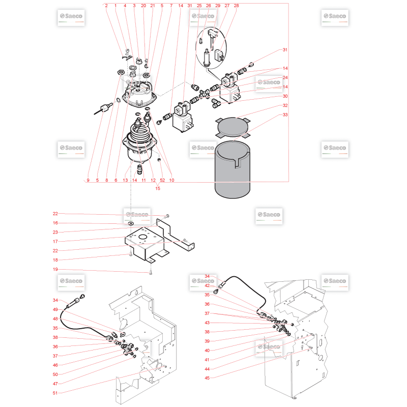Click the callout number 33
coord(285,115)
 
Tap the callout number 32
coord(285,105)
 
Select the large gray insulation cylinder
coord(232,170)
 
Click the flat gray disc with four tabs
coord(233,128)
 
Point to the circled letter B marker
coord(215,292)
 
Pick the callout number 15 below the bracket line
coord(158,188)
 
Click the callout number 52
coord(162,180)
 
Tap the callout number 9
coord(88,180)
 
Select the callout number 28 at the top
coord(236,6)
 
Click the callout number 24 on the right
coord(285,78)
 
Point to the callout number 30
coord(285,96)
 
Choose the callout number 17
coord(55,241)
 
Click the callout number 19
coord(55,269)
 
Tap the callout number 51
coord(55,393)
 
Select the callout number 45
coord(207,378)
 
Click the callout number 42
coord(207,285)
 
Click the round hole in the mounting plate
coord(143,237)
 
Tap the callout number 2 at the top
coord(106,6)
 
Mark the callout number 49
coord(55,309)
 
